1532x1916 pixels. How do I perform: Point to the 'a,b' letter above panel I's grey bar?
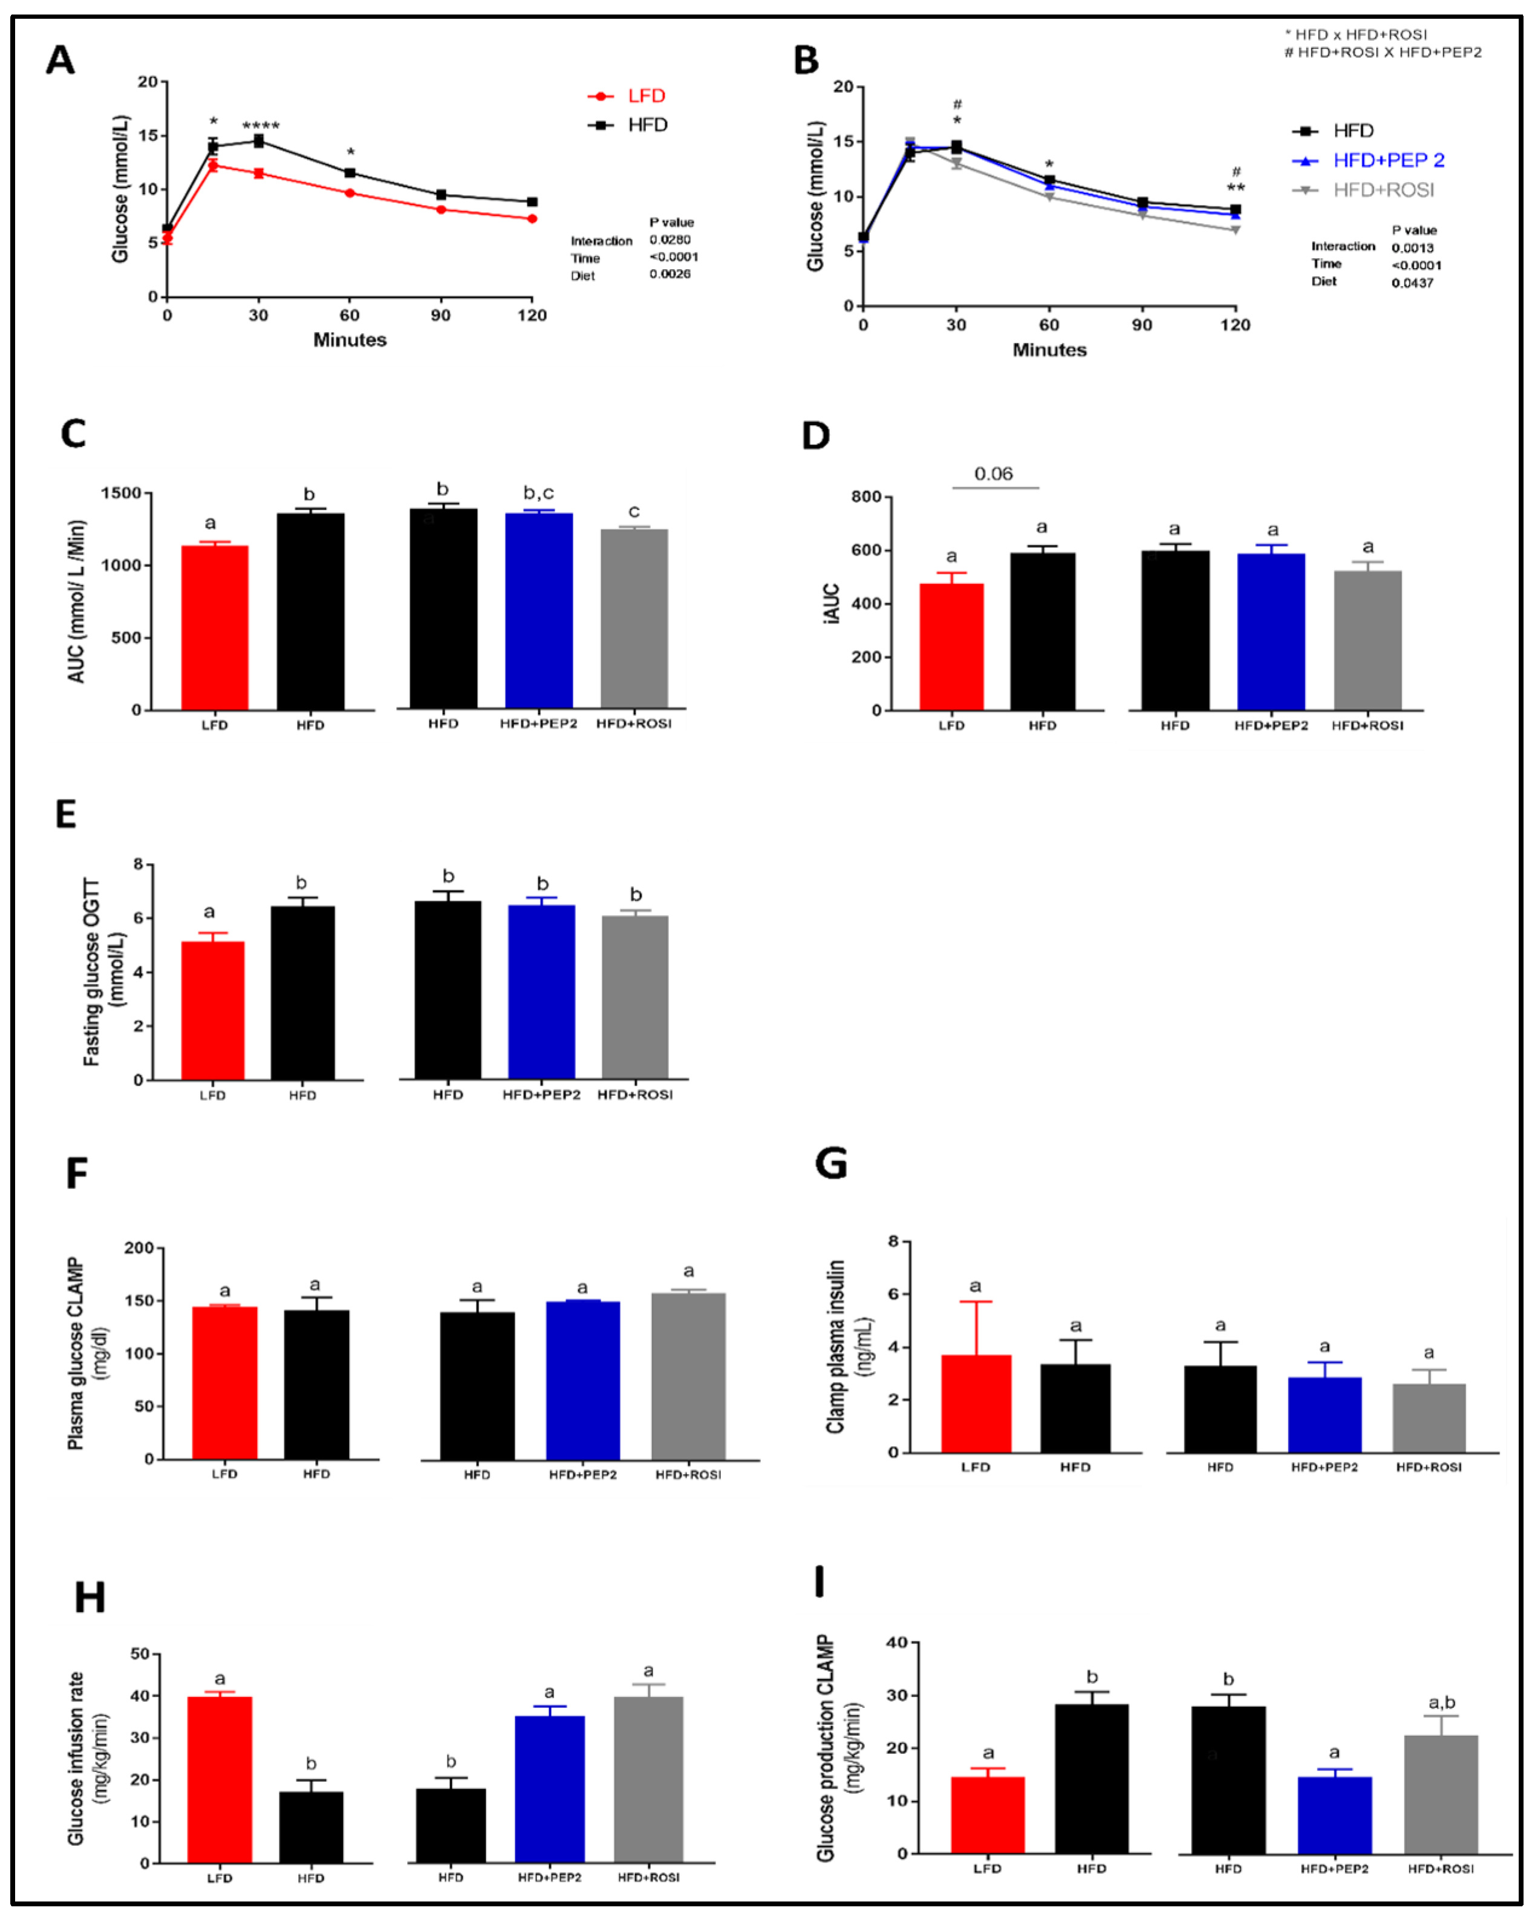(x=1441, y=1702)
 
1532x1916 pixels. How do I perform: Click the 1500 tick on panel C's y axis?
(x=121, y=494)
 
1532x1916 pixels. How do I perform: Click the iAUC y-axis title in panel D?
(x=831, y=604)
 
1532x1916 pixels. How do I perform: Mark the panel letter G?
(x=831, y=1164)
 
